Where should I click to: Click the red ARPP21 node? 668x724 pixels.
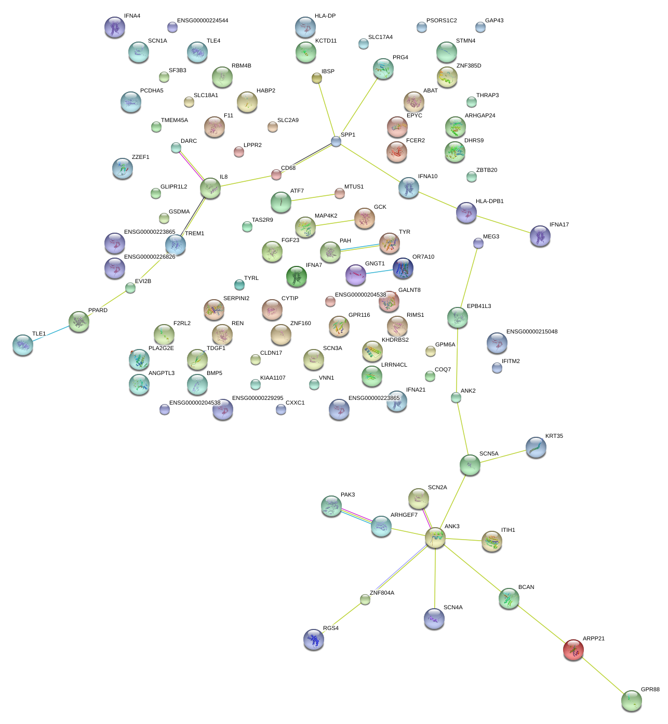click(573, 649)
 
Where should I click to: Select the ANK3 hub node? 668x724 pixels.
click(435, 538)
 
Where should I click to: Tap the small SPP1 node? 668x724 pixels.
click(336, 141)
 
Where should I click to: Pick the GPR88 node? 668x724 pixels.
click(631, 700)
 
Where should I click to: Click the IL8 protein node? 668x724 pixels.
click(210, 188)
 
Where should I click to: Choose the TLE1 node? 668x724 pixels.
click(23, 344)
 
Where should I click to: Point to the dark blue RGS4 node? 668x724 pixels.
click(313, 639)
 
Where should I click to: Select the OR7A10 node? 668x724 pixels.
click(403, 268)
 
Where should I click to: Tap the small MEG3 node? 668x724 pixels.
click(478, 243)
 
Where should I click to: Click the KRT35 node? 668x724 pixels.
click(536, 447)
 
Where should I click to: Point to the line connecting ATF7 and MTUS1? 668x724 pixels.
click(312, 198)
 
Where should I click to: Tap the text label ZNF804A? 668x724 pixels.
click(382, 593)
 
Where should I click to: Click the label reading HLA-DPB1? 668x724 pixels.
click(489, 201)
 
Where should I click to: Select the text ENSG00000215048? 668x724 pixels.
click(531, 331)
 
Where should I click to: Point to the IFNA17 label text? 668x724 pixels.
click(559, 224)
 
